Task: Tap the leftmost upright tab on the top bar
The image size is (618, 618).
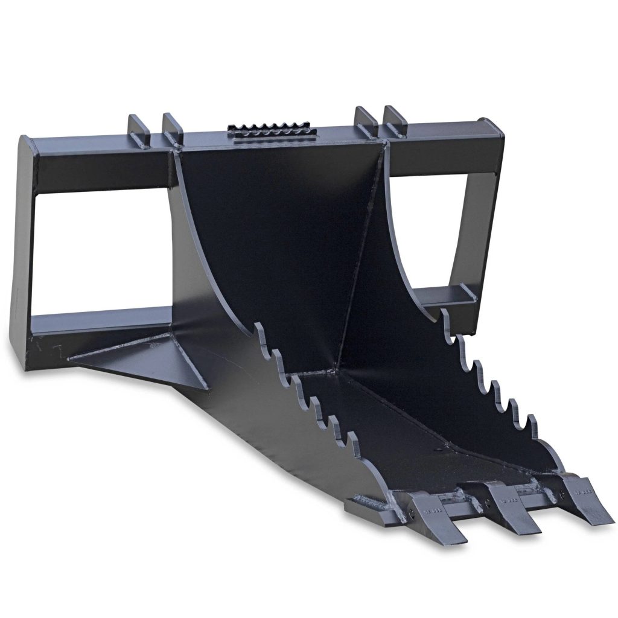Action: [x=139, y=129]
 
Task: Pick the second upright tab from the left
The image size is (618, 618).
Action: [x=173, y=129]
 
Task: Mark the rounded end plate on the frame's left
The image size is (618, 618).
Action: [x=25, y=253]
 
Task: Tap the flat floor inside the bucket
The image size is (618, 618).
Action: [x=416, y=435]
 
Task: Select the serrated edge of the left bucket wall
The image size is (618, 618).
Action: [x=302, y=386]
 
